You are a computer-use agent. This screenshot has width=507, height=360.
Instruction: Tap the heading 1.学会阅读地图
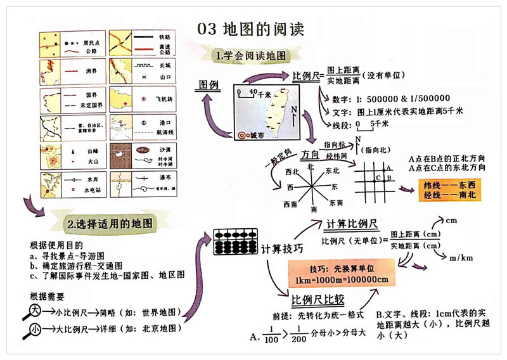[x=253, y=56]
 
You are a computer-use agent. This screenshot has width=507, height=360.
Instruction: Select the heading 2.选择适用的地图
[x=109, y=224]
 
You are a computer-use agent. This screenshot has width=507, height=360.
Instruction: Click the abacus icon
[x=236, y=243]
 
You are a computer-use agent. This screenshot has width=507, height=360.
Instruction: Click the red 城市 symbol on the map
[x=241, y=135]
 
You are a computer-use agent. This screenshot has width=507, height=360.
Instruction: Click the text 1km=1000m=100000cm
[x=341, y=280]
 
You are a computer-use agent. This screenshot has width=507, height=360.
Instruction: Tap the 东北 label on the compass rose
[x=332, y=170]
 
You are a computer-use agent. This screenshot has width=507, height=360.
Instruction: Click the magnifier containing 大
[x=35, y=311]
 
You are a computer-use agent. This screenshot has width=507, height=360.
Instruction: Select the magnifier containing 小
[x=35, y=329]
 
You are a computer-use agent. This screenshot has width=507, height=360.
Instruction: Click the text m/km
[x=461, y=258]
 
